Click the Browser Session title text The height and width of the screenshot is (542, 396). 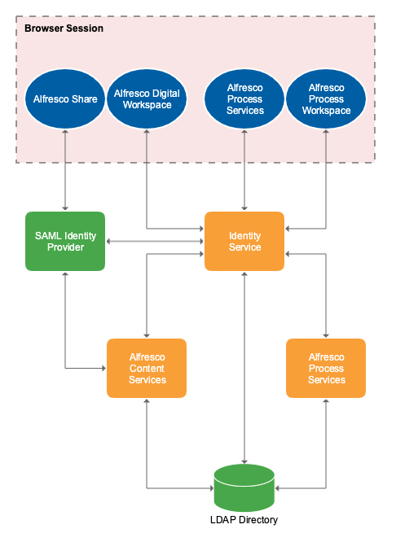pos(64,28)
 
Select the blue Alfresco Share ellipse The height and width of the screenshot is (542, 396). pos(65,99)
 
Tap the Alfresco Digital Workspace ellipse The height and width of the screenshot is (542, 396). pos(147,99)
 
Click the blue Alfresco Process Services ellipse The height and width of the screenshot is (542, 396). pos(244,99)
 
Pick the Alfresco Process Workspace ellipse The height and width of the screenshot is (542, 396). pos(326,99)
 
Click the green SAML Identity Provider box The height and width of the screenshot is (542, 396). pos(65,242)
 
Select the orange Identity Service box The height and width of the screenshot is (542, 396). pos(244,242)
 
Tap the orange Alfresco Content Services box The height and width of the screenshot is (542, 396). pos(147,369)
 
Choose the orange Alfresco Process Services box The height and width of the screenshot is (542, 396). pos(326,369)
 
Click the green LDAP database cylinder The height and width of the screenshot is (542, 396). pos(244,487)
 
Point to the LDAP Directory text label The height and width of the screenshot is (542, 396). pos(244,520)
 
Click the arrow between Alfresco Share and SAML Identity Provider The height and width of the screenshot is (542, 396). pos(65,171)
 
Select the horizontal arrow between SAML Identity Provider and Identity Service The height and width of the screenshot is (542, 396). pos(155,241)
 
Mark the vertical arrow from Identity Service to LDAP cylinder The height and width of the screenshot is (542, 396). pos(244,366)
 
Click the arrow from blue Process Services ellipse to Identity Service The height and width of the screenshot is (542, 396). pos(244,171)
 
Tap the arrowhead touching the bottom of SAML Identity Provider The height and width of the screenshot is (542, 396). pos(65,275)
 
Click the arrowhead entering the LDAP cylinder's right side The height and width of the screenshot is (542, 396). pos(279,488)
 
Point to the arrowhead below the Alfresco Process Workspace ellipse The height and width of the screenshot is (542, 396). pos(326,133)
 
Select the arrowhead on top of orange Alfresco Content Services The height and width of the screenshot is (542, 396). pos(147,334)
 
